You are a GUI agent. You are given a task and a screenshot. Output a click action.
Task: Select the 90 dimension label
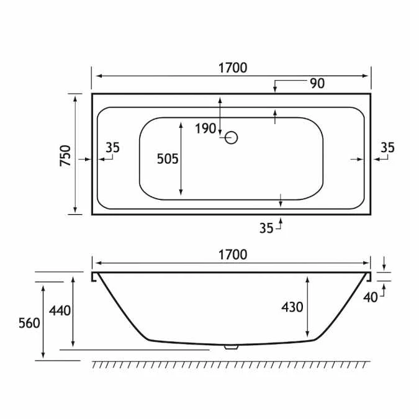pyautogui.click(x=317, y=83)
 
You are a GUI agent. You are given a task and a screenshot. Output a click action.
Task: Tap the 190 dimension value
pyautogui.click(x=205, y=128)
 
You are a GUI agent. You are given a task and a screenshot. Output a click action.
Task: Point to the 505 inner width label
pyautogui.click(x=167, y=159)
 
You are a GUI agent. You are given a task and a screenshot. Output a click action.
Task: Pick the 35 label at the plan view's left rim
pyautogui.click(x=112, y=148)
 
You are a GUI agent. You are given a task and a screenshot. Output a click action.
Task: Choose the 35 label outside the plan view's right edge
pyautogui.click(x=387, y=148)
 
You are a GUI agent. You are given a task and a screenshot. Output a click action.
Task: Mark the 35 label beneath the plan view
pyautogui.click(x=266, y=228)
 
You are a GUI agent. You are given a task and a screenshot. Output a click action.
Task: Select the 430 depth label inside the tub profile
pyautogui.click(x=292, y=307)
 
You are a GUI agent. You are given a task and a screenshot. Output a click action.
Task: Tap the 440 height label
pyautogui.click(x=60, y=310)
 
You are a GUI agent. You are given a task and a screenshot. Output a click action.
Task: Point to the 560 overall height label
pyautogui.click(x=30, y=323)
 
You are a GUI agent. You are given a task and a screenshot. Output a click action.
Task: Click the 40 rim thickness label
pyautogui.click(x=371, y=297)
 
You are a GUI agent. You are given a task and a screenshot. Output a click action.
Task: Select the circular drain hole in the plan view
pyautogui.click(x=232, y=137)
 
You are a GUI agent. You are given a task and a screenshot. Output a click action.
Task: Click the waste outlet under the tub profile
pyautogui.click(x=232, y=348)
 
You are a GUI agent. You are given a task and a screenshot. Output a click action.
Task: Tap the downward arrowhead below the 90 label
pyautogui.click(x=275, y=91)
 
